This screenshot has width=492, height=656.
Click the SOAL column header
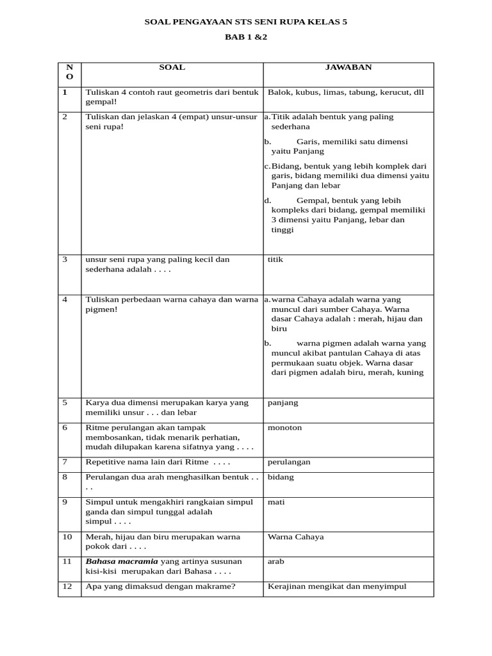(x=172, y=67)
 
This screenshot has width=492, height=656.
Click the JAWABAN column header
(x=348, y=67)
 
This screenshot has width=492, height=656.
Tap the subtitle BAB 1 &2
(x=245, y=37)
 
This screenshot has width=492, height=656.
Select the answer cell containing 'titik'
(x=275, y=259)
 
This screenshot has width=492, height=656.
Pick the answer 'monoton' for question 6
(x=284, y=427)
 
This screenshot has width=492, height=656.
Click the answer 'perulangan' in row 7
(x=289, y=462)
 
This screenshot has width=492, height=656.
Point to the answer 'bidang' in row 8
(x=281, y=477)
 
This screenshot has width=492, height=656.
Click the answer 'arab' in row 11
(x=276, y=561)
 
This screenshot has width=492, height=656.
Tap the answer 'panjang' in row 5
(x=283, y=402)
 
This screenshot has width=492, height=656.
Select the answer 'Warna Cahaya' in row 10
(x=296, y=536)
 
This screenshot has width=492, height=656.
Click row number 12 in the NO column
(x=67, y=586)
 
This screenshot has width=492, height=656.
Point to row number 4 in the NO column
(x=65, y=299)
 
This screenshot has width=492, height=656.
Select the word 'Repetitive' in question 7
(x=104, y=462)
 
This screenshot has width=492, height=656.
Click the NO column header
(x=69, y=72)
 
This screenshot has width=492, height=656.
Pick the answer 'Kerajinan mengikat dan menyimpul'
(x=337, y=586)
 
